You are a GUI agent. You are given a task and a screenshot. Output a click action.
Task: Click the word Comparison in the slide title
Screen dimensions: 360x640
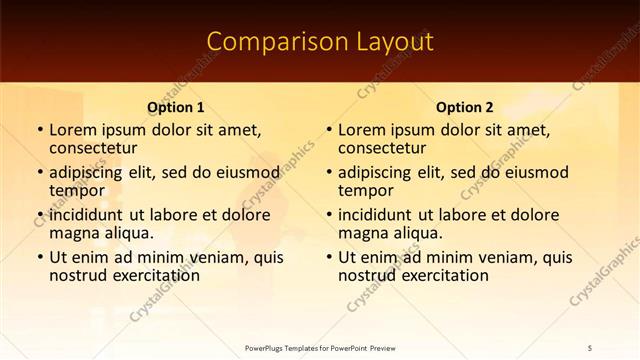[266, 41]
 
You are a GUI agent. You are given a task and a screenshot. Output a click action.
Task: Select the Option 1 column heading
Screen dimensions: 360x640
[176, 107]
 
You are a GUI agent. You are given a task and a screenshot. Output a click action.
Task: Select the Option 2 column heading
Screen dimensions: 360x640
[465, 107]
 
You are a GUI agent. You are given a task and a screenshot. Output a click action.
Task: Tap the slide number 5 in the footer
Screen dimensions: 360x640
[590, 348]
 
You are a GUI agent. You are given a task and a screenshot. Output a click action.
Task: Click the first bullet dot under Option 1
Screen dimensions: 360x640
[38, 130]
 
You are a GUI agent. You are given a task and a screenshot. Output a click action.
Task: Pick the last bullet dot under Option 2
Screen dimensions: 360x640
[327, 257]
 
